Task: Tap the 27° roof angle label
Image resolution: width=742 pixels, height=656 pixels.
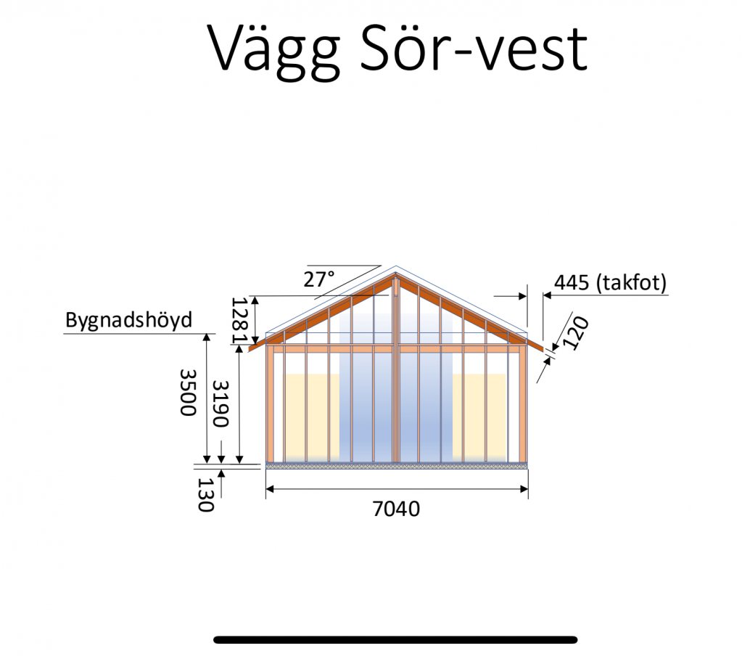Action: tap(319, 279)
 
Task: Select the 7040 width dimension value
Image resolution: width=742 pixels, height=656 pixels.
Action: tap(396, 509)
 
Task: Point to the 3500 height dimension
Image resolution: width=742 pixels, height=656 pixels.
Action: tap(188, 393)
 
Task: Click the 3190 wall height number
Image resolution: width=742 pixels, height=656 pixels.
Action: tap(220, 403)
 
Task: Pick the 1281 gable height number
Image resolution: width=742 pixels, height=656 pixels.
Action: tap(239, 321)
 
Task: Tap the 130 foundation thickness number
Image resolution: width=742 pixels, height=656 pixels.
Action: tap(205, 495)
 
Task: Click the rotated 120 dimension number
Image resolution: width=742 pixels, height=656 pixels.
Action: tap(577, 333)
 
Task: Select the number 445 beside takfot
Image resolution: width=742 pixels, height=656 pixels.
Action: tap(571, 283)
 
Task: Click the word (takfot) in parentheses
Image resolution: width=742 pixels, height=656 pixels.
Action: tap(632, 283)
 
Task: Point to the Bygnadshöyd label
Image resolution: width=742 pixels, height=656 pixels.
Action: tap(128, 321)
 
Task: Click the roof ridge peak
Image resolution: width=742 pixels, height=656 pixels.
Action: tap(395, 266)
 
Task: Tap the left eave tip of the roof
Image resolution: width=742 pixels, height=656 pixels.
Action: tap(250, 349)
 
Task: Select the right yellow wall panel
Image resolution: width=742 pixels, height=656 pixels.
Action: tap(480, 417)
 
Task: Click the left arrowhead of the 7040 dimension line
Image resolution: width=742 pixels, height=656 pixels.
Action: tap(270, 489)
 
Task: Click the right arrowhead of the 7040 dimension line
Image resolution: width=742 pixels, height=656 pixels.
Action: tap(524, 489)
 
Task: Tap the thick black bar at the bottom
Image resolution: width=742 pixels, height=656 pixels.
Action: tap(395, 640)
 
